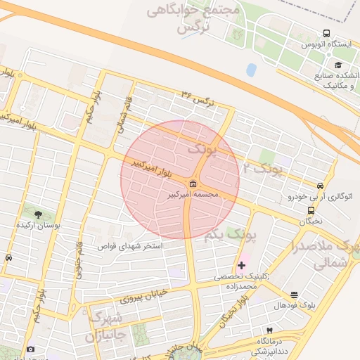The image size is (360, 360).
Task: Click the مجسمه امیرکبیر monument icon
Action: coord(193,185)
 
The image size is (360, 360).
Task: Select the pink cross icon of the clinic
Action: coord(242,265)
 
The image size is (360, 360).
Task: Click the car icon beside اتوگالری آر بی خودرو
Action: coord(321,186)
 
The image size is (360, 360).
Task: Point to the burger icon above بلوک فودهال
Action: coord(293,295)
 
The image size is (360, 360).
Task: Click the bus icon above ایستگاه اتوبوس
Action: coord(326,33)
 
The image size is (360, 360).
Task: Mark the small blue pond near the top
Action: coord(251,70)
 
